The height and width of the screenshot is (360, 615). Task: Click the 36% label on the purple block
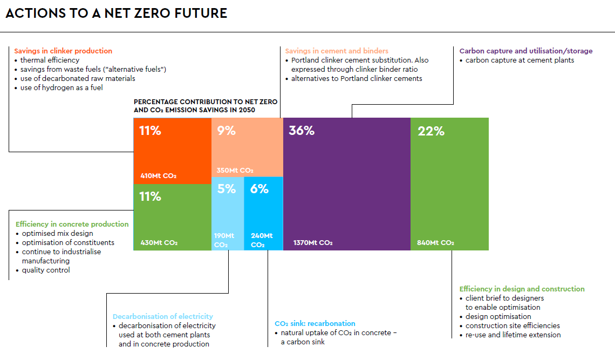click(302, 131)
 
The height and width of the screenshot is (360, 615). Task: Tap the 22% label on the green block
click(430, 131)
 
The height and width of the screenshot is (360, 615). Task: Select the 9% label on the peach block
click(227, 131)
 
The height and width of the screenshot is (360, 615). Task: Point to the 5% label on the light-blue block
click(227, 189)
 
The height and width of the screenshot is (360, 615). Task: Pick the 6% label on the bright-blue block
click(259, 189)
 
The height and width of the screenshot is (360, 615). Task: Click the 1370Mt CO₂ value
click(313, 243)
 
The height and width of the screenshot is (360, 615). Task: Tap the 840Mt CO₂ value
click(435, 243)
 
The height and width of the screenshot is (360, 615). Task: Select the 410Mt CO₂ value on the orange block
click(159, 176)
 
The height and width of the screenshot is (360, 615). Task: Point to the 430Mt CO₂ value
click(159, 243)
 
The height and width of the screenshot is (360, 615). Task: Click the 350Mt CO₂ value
click(235, 171)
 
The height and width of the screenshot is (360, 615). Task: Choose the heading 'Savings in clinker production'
click(63, 51)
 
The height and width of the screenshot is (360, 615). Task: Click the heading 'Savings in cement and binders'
click(337, 51)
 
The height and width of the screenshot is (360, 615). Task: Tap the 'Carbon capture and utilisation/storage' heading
click(526, 51)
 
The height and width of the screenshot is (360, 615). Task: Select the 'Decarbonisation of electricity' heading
click(163, 317)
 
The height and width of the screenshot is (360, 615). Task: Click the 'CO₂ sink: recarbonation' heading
click(315, 324)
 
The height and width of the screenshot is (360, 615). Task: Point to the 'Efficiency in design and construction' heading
click(522, 289)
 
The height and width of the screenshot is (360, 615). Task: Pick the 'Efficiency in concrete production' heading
click(72, 225)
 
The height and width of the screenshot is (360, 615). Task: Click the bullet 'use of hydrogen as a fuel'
click(61, 88)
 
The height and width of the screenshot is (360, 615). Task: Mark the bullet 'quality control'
click(46, 270)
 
